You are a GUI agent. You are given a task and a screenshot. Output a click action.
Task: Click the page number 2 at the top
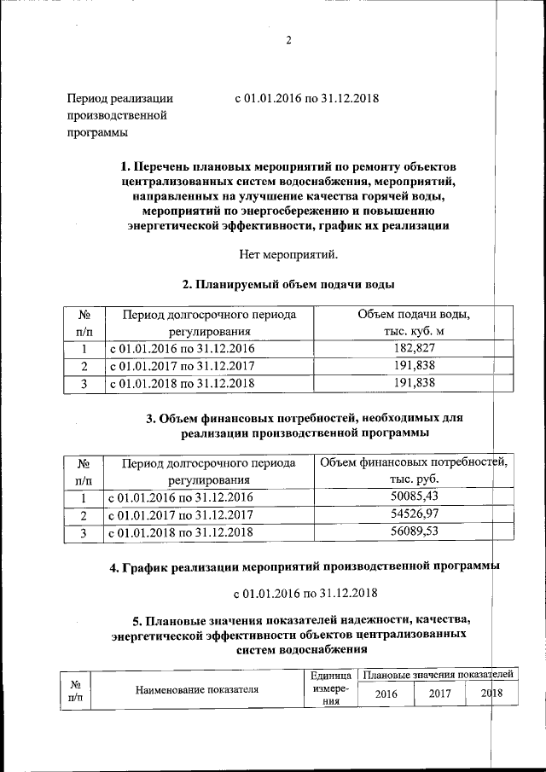(x=288, y=42)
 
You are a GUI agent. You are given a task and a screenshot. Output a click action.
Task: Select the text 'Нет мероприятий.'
(x=290, y=253)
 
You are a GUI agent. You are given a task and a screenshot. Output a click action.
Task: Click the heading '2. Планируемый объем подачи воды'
(x=290, y=284)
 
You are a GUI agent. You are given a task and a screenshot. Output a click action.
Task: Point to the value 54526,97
(x=414, y=515)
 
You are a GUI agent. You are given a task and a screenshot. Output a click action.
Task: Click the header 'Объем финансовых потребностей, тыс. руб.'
(x=414, y=472)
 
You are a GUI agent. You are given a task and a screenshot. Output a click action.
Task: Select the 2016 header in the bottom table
(x=386, y=694)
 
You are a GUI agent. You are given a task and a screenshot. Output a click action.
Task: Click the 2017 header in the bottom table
(x=439, y=694)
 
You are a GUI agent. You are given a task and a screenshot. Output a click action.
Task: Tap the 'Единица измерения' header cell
(x=325, y=689)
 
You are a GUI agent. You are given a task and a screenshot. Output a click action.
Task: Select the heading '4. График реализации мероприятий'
(x=304, y=567)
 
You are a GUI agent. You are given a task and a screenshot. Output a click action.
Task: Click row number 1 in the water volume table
(x=84, y=349)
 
